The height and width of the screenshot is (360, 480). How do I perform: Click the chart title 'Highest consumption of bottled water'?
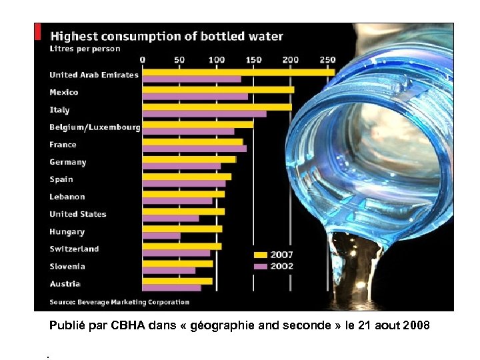(x=167, y=36)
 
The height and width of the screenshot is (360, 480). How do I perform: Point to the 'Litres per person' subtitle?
(x=85, y=49)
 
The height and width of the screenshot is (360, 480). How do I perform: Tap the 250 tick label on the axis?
(x=327, y=59)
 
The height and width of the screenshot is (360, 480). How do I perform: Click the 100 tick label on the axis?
(x=217, y=59)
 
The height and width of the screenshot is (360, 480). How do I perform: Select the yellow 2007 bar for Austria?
(x=177, y=281)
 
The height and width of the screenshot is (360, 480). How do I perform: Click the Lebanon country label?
(x=67, y=197)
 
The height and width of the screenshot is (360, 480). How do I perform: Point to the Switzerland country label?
(x=74, y=249)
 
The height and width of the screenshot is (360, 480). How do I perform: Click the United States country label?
(x=78, y=214)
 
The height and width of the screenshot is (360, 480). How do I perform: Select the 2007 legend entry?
(x=273, y=255)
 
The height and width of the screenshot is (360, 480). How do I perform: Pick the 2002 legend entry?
(x=273, y=266)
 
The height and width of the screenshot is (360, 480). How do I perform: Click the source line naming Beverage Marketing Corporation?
(x=120, y=302)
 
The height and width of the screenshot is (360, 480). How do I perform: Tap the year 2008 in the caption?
(x=415, y=327)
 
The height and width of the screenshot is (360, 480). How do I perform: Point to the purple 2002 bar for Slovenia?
(x=169, y=271)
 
